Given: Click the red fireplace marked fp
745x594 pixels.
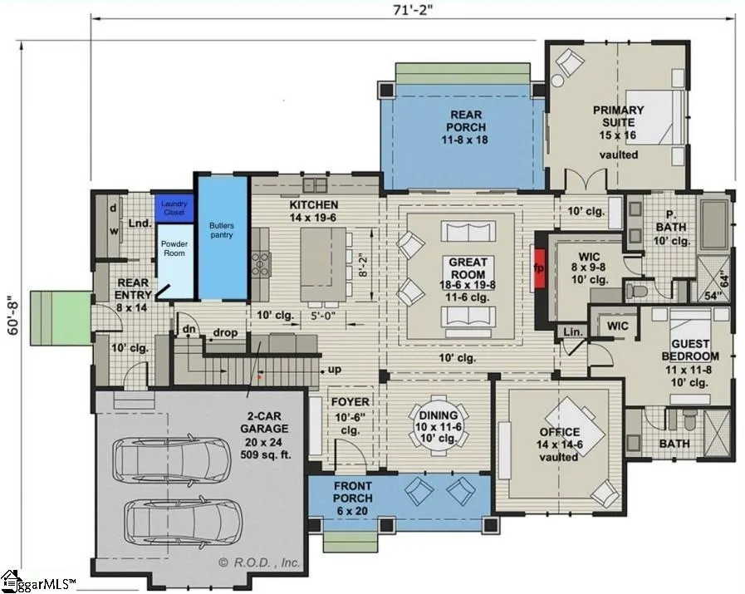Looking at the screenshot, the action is [540, 268].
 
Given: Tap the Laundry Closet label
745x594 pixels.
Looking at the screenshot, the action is [174, 209].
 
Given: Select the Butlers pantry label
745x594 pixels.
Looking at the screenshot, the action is [222, 230].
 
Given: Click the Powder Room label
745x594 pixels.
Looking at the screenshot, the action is [174, 248].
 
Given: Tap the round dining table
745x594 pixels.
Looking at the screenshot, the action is [438, 426].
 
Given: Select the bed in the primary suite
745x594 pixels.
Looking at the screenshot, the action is [655, 116].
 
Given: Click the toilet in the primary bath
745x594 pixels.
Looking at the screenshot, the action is [635, 290].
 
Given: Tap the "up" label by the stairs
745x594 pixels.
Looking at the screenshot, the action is [335, 369].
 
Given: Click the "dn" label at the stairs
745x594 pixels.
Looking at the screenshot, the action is [189, 329].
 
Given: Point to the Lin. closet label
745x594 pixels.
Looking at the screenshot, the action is [573, 331].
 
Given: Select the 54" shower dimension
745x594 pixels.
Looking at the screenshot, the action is [713, 296].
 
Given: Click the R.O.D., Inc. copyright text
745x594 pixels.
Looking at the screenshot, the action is [259, 562].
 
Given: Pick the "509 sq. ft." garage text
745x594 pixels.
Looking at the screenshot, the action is [266, 454].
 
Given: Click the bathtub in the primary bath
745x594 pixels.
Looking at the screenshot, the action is [714, 224].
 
